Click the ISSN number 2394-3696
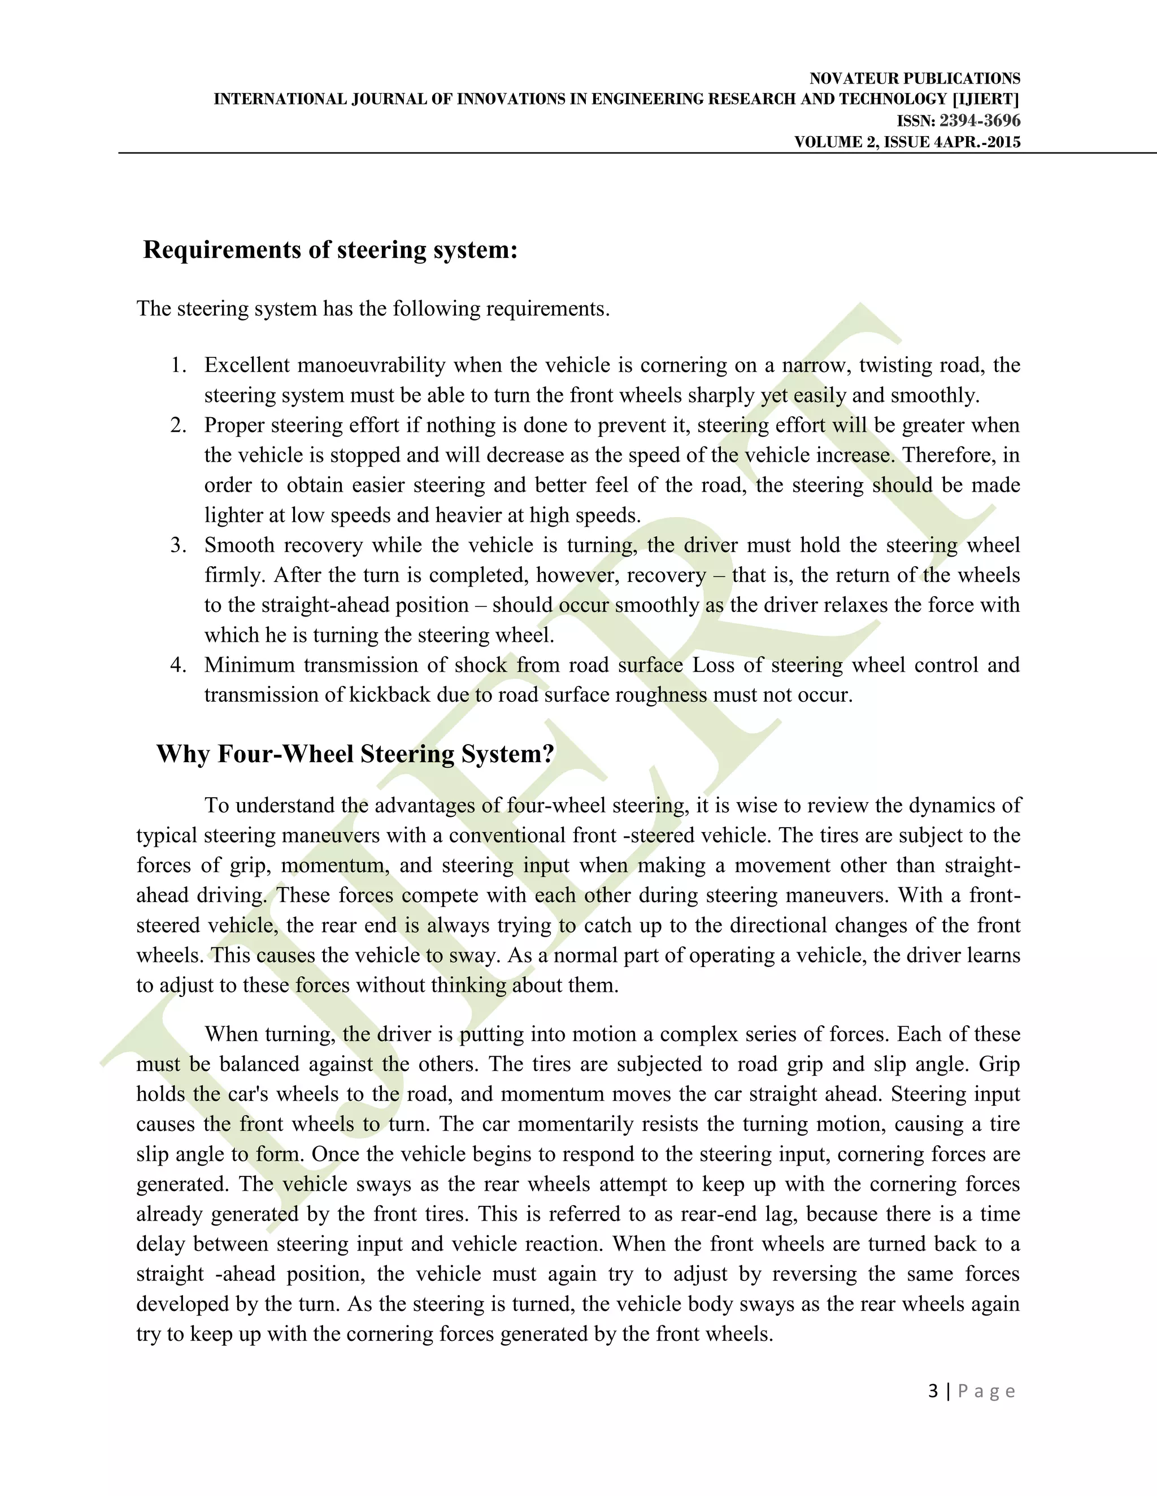(x=980, y=121)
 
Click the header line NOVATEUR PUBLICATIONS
(x=915, y=79)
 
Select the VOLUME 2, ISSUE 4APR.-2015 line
(x=907, y=142)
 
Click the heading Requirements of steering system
(x=330, y=250)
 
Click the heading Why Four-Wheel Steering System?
(x=355, y=754)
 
